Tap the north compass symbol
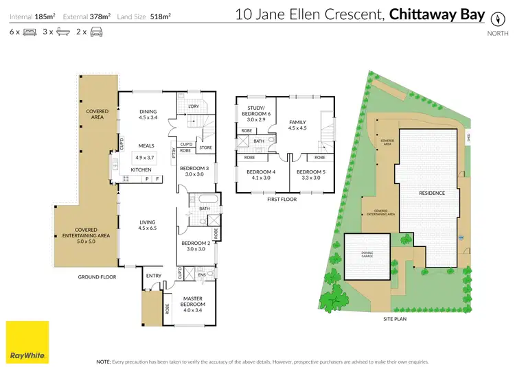(x=498, y=19)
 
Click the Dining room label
(x=148, y=111)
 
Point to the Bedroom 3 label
(x=194, y=168)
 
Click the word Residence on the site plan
(x=433, y=193)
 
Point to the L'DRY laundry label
(x=193, y=107)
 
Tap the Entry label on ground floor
(x=154, y=276)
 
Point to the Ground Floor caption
(x=98, y=277)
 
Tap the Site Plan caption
(x=397, y=320)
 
